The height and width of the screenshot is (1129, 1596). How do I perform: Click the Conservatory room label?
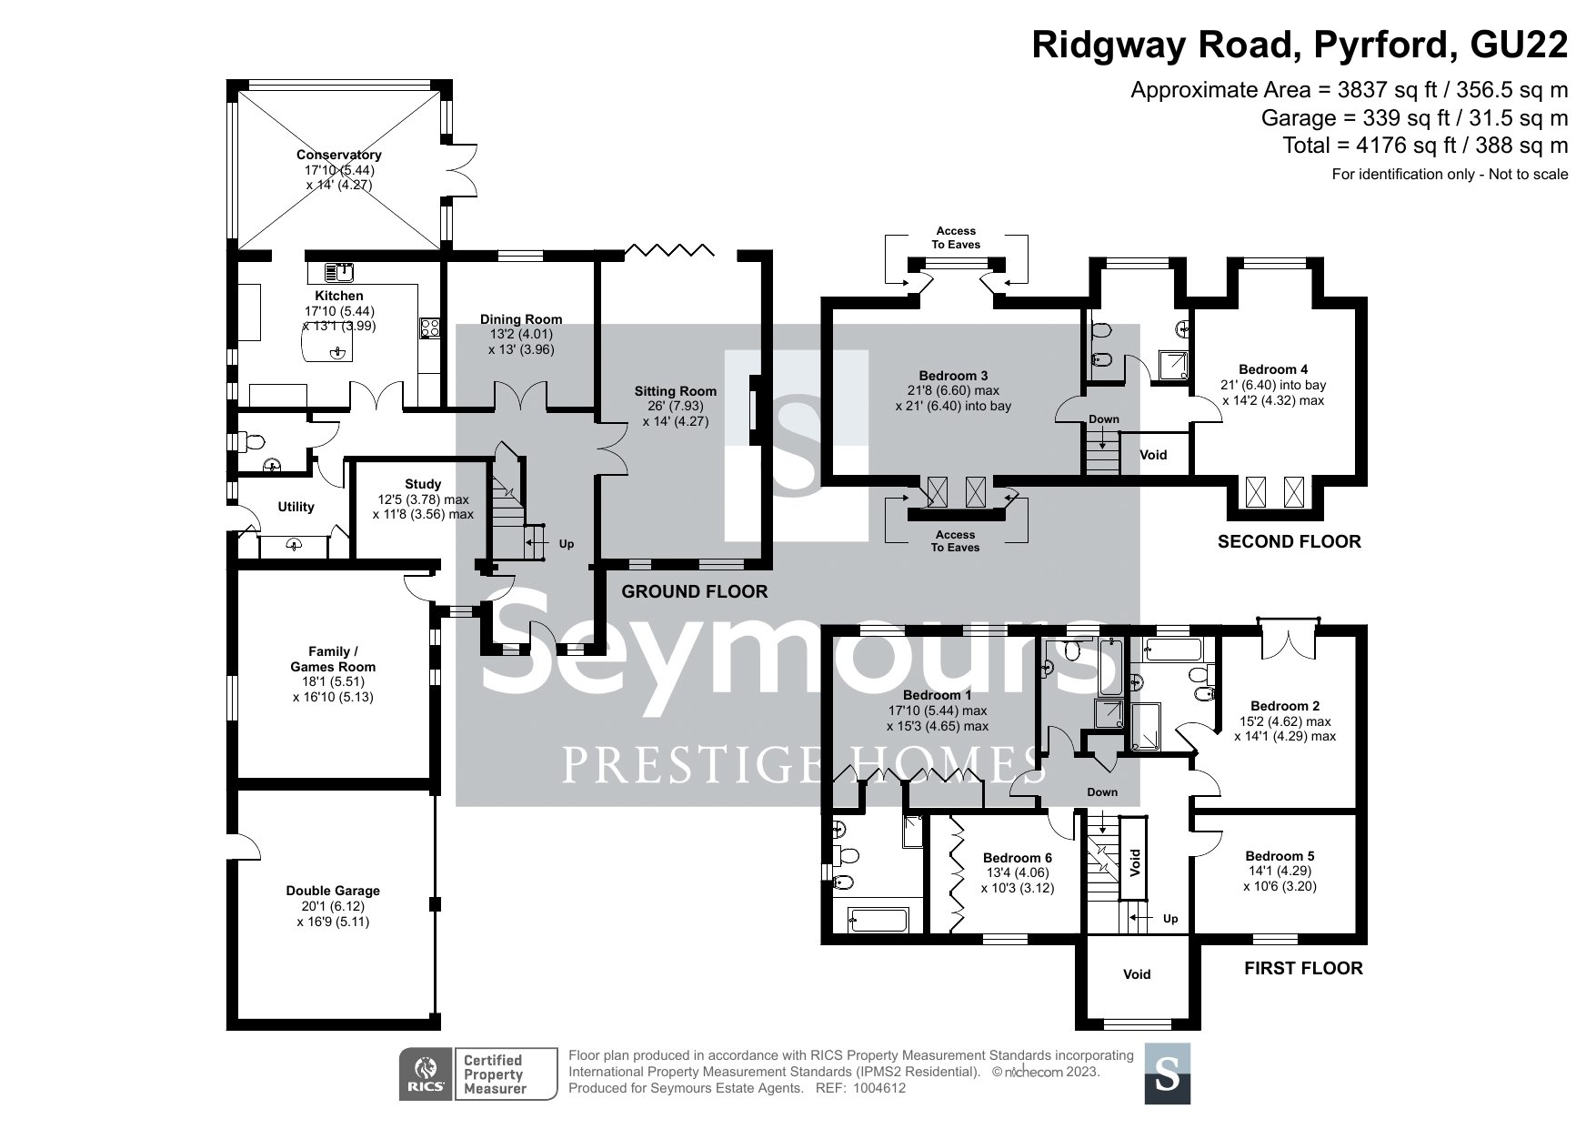coord(338,155)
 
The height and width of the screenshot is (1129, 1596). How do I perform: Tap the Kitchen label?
coord(339,296)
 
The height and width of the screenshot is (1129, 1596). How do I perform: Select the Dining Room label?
coord(521,319)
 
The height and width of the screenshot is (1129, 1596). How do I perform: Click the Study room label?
coord(423,484)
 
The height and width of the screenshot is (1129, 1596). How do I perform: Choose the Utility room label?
coord(296,507)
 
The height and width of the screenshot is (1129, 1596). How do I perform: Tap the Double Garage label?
coord(333,891)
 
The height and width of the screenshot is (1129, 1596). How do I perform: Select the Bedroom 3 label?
coord(953,376)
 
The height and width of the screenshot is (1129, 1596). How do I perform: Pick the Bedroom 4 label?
coord(1273,369)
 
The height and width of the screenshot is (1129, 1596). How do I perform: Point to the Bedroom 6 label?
coord(1018,858)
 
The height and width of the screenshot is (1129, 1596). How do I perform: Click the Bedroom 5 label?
coord(1280,856)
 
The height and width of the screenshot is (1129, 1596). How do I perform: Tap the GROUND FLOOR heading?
coord(694,592)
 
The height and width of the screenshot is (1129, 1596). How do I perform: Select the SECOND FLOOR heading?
coord(1290,542)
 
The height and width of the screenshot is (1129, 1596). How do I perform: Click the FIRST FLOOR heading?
coord(1303,969)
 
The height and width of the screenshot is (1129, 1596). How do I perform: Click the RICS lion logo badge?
coord(427,1074)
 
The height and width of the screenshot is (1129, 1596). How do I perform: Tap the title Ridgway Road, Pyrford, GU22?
coord(1300,45)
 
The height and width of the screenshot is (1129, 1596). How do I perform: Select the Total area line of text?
coord(1425,146)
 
